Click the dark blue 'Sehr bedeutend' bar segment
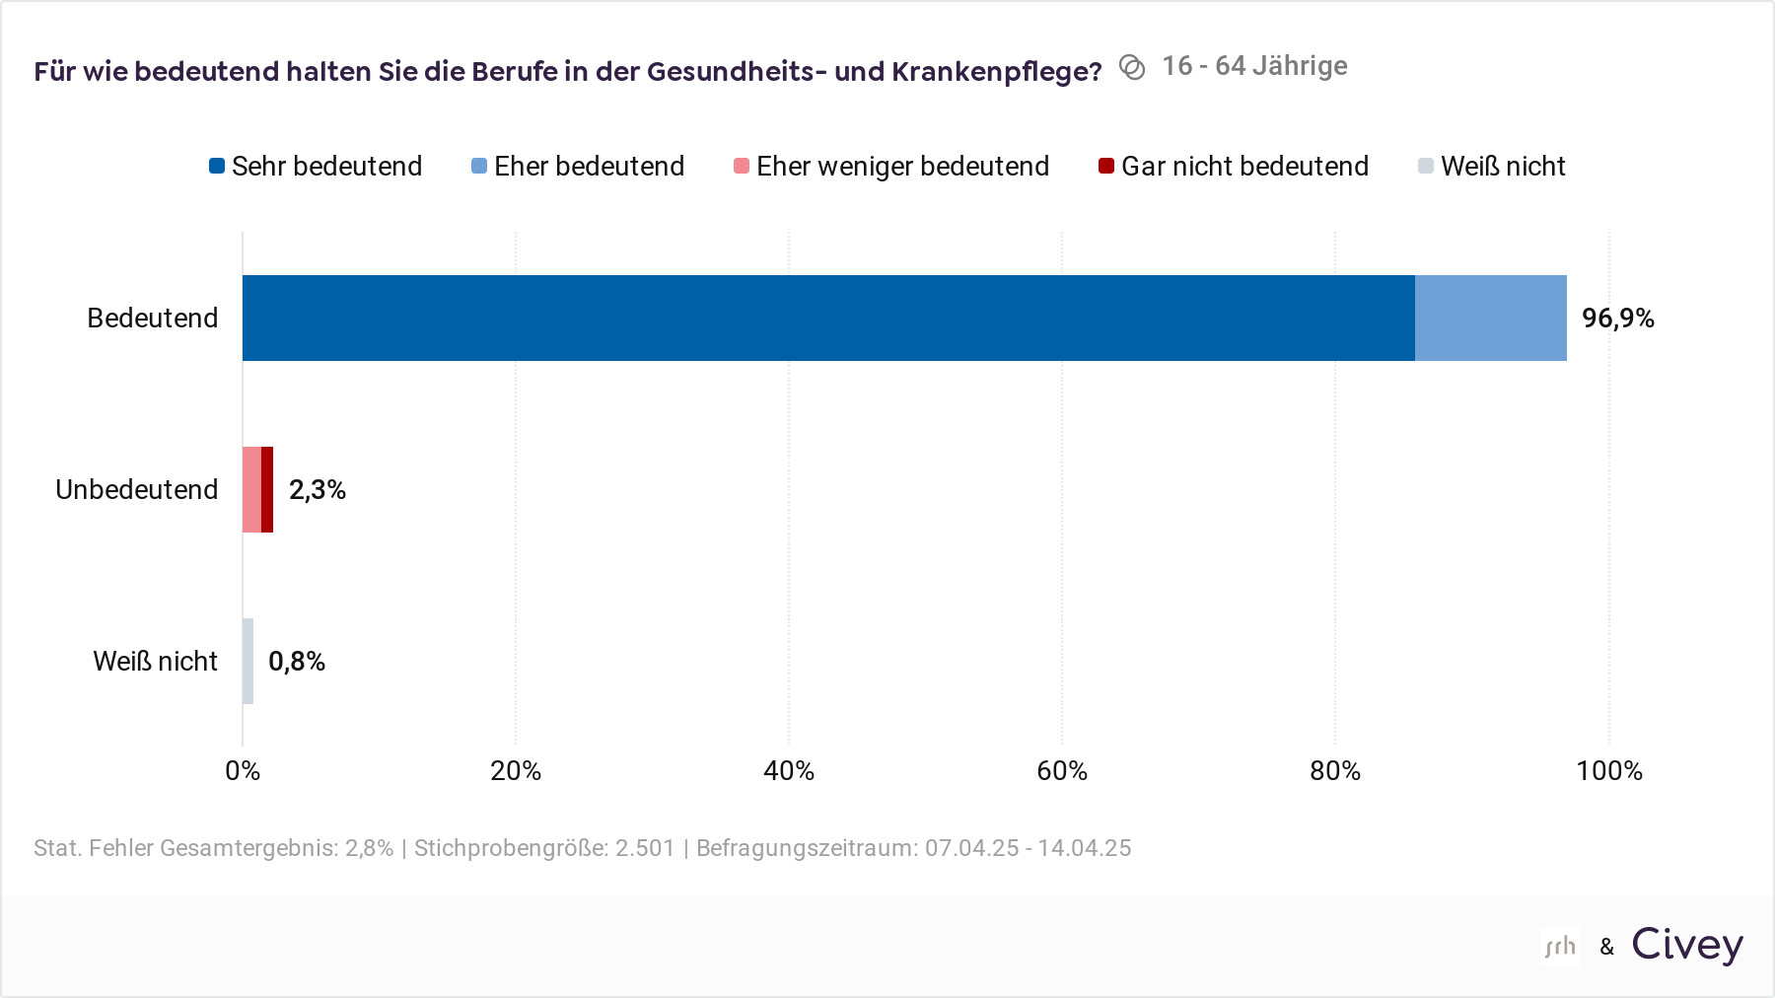828,318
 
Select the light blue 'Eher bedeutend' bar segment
1490,318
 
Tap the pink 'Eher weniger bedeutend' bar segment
251,489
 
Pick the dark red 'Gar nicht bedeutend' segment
267,489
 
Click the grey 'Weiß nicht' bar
248,661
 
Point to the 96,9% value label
1617,318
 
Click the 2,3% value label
317,489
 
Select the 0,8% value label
296,661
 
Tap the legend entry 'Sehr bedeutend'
316,166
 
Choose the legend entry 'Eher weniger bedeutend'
891,166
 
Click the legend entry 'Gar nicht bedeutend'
1234,166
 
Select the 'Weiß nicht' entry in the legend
1491,166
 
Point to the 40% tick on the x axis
789,770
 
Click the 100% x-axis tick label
1608,770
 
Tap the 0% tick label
243,770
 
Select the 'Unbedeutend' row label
136,489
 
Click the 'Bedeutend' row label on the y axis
152,318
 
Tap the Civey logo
1686,945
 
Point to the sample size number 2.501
645,848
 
